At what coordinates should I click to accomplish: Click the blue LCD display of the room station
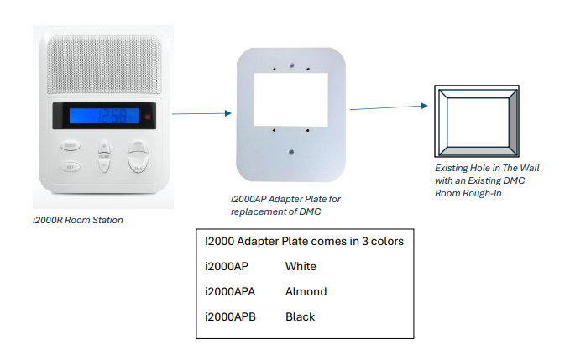point(104,116)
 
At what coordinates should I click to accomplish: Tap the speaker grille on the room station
point(104,65)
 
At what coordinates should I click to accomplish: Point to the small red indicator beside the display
point(148,117)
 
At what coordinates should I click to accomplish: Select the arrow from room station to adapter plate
point(201,113)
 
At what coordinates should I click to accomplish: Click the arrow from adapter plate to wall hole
point(389,107)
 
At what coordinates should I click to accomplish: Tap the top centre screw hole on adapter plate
point(291,65)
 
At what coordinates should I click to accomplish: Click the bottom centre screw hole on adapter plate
point(290,152)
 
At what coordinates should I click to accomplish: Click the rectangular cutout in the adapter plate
point(290,100)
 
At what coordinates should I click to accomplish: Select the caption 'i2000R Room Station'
point(78,220)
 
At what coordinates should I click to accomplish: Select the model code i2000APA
point(230,292)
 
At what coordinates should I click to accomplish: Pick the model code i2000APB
point(231,316)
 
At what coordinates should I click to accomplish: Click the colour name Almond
point(306,292)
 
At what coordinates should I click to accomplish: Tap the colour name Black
point(301,316)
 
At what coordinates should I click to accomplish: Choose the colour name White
point(301,266)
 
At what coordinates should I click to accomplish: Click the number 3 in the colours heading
point(364,241)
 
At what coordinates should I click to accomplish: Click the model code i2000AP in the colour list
point(227,266)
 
